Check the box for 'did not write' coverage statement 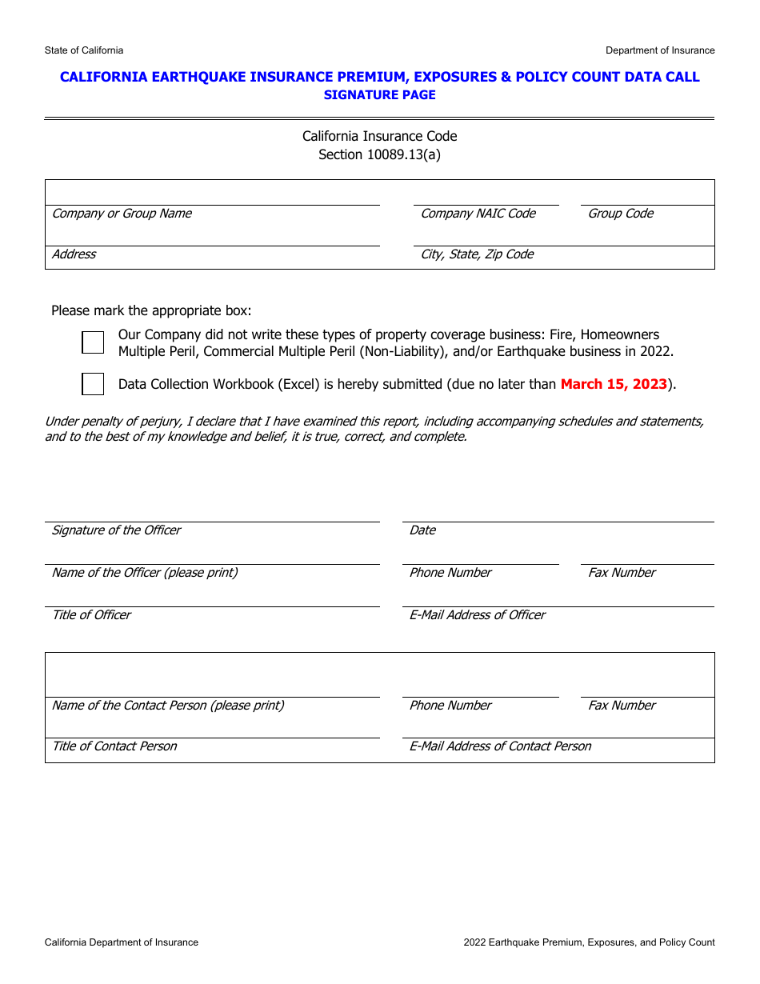coord(93,342)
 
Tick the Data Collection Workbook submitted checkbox coord(93,384)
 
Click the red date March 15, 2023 coord(614,384)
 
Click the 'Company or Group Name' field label coord(122,214)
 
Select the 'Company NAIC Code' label coord(478,214)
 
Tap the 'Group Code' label coord(621,214)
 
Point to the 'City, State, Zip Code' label coord(477,254)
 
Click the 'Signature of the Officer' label coord(116,530)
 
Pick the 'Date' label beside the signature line coord(422,530)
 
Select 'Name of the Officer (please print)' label coord(145,573)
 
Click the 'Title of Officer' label coord(91,615)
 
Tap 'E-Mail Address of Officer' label coord(478,615)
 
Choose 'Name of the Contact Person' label coord(168,706)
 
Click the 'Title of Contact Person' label coord(114,746)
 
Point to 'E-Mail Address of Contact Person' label coord(500,746)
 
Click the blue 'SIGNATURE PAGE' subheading coord(379,95)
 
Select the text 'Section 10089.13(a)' coord(379,154)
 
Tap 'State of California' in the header coord(84,50)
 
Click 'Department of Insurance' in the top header coord(660,50)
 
